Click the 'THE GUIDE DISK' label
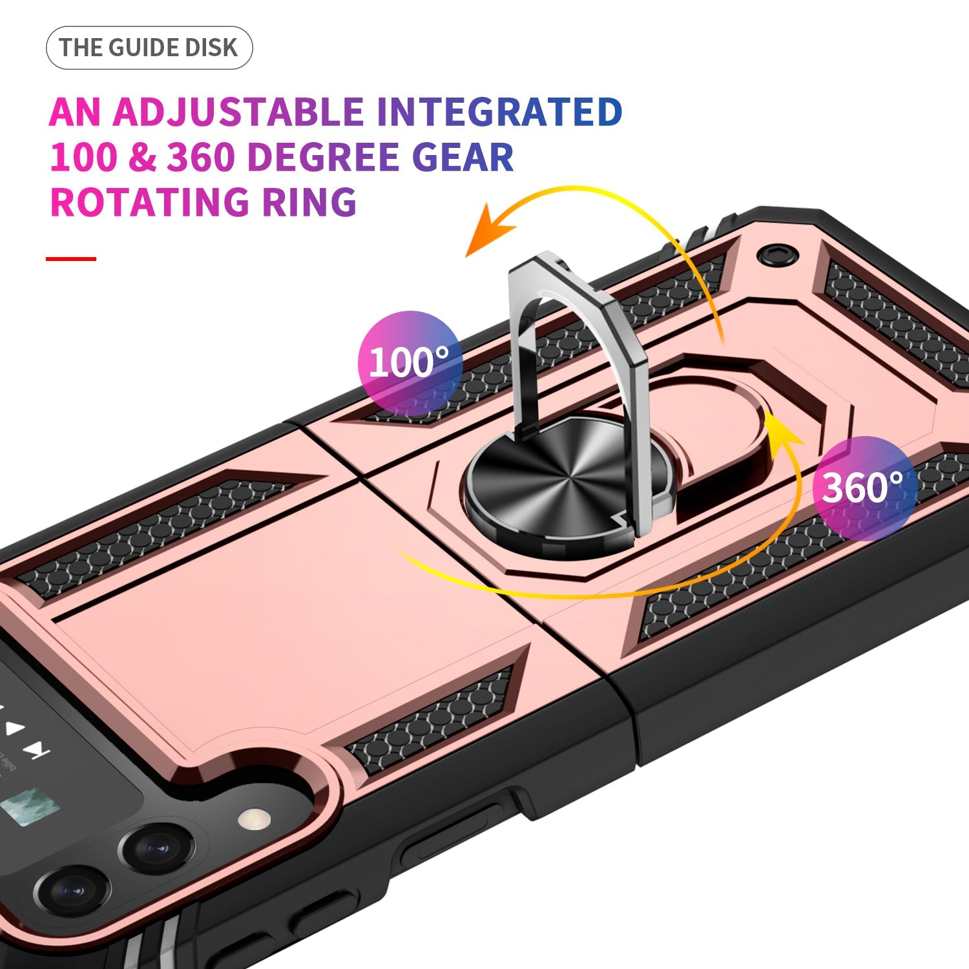(x=149, y=48)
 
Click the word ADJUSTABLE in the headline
(x=238, y=112)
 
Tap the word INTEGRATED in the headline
(x=499, y=112)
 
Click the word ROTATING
(x=149, y=202)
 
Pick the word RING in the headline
(x=309, y=202)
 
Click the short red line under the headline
(x=71, y=258)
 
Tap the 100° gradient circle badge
(x=410, y=362)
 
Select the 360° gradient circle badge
(x=864, y=488)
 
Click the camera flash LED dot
(x=254, y=819)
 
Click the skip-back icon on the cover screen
(x=36, y=749)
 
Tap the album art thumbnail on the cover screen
(x=30, y=807)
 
